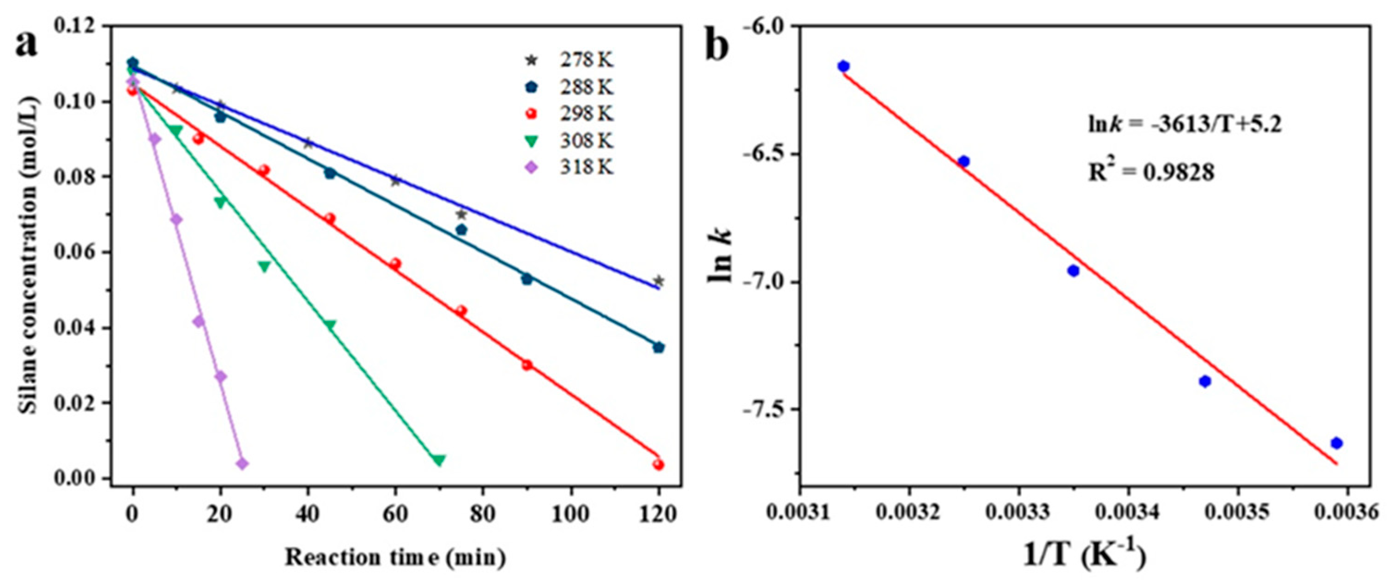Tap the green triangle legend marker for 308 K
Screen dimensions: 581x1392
pos(532,142)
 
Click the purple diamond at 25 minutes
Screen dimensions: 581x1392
pos(242,464)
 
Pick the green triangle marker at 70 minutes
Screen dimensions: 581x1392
pos(439,460)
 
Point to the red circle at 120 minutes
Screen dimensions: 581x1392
pos(658,465)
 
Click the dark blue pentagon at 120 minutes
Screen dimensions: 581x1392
pos(658,347)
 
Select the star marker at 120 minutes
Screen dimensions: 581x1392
pos(658,281)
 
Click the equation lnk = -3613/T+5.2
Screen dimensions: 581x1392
pos(1185,125)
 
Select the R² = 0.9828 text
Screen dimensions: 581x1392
pos(1151,173)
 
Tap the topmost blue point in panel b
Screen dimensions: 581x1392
pos(843,67)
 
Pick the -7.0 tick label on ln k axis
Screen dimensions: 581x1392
pos(766,282)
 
